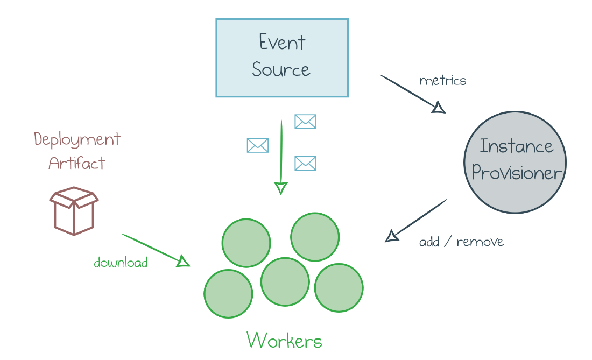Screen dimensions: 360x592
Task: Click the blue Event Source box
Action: [282, 58]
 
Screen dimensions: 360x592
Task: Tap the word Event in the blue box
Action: [282, 42]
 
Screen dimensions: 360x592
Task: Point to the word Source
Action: [281, 70]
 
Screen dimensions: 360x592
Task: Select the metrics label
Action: [442, 81]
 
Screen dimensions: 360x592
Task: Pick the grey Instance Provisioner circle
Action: [515, 162]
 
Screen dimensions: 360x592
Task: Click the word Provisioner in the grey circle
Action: [517, 173]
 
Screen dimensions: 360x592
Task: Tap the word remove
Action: [480, 242]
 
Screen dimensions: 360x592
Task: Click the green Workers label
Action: [284, 341]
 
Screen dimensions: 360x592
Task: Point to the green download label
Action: [121, 263]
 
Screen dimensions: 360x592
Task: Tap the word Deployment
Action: [77, 139]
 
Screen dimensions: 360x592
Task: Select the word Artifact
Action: [76, 163]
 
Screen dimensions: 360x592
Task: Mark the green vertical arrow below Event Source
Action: [281, 156]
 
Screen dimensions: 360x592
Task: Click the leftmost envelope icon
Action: [257, 145]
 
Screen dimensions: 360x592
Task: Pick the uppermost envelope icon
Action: [305, 122]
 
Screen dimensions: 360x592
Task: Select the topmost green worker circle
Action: [315, 237]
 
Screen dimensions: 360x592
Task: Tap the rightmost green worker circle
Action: [339, 287]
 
